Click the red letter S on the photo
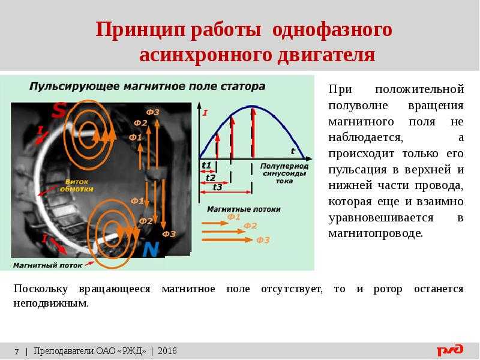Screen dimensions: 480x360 (x=58, y=110)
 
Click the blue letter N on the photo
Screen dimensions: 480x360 (x=151, y=249)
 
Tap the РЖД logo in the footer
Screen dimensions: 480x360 (x=449, y=350)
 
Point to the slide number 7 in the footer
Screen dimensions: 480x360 (x=17, y=351)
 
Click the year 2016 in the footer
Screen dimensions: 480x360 (x=167, y=351)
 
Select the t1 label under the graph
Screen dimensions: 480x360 (x=206, y=166)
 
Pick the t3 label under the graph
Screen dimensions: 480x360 (x=217, y=187)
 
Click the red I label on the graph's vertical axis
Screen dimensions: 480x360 (x=205, y=113)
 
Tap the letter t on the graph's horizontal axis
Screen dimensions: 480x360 (x=293, y=151)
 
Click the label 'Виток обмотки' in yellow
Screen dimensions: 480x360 (x=77, y=185)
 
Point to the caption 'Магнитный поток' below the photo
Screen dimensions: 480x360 (x=48, y=265)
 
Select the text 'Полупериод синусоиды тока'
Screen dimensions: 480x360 (x=284, y=173)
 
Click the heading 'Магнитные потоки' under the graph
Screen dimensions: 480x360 (x=244, y=209)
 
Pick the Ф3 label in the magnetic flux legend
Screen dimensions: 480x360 (x=263, y=240)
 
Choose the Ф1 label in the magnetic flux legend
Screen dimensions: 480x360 (x=234, y=217)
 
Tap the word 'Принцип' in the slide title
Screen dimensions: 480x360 (x=141, y=30)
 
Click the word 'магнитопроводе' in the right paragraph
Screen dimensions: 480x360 (x=376, y=233)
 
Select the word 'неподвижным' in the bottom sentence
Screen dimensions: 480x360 (x=51, y=304)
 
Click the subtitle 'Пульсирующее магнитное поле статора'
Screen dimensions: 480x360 (x=147, y=86)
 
